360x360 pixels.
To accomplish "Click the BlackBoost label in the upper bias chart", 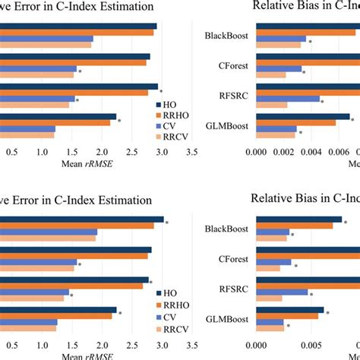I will [231, 36].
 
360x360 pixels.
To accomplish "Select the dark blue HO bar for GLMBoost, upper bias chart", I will [303, 116].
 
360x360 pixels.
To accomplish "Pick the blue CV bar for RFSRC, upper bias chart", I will [289, 98].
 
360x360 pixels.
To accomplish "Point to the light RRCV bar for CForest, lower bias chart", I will [270, 269].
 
